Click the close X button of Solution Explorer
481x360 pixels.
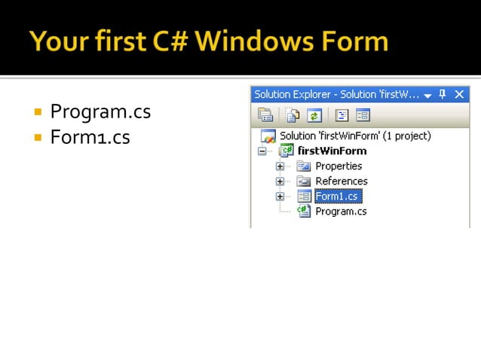tap(459, 94)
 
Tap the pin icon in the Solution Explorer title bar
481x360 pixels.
tap(443, 94)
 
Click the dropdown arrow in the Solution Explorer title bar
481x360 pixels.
tap(427, 95)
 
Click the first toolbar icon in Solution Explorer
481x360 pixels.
tap(265, 115)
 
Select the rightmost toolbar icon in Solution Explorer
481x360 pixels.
tap(363, 115)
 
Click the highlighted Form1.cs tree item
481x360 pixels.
tap(338, 197)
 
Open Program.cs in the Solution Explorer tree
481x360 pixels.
tap(341, 212)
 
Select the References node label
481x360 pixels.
tap(341, 182)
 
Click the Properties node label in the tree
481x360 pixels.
tap(339, 166)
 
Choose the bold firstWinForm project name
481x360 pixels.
tap(332, 151)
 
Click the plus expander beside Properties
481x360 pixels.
tap(280, 166)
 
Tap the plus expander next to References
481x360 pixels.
tap(280, 182)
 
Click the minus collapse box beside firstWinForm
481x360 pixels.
tap(262, 151)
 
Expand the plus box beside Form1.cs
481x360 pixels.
tap(280, 197)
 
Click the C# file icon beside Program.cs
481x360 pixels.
tap(304, 212)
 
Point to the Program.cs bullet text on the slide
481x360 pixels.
tap(100, 112)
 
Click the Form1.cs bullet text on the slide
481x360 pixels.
tap(90, 138)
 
